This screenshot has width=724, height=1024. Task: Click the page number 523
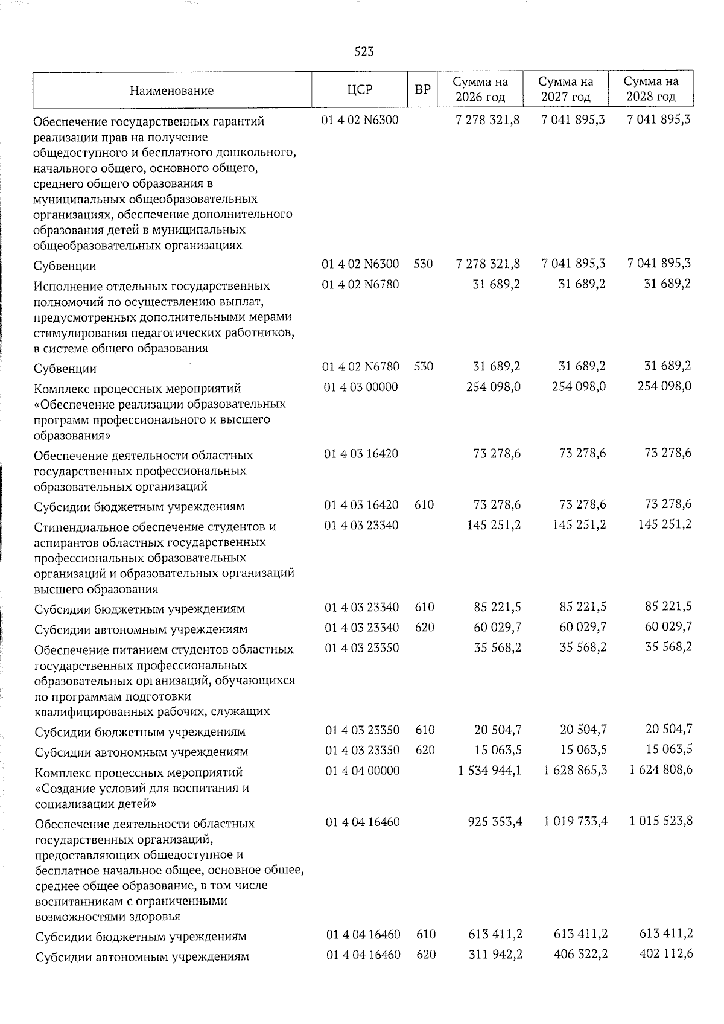364,52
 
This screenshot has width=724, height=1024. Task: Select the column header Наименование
171,91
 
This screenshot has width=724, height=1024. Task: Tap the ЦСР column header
360,90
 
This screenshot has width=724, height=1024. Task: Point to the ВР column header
423,90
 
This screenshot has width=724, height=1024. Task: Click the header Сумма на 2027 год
565,89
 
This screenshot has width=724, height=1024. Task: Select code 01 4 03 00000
361,387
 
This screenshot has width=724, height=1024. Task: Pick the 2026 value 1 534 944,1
489,771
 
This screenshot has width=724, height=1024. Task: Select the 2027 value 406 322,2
579,955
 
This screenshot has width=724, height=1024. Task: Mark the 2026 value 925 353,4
493,822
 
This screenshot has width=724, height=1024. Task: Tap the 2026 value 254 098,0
493,387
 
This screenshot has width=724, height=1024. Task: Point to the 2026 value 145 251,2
493,525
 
